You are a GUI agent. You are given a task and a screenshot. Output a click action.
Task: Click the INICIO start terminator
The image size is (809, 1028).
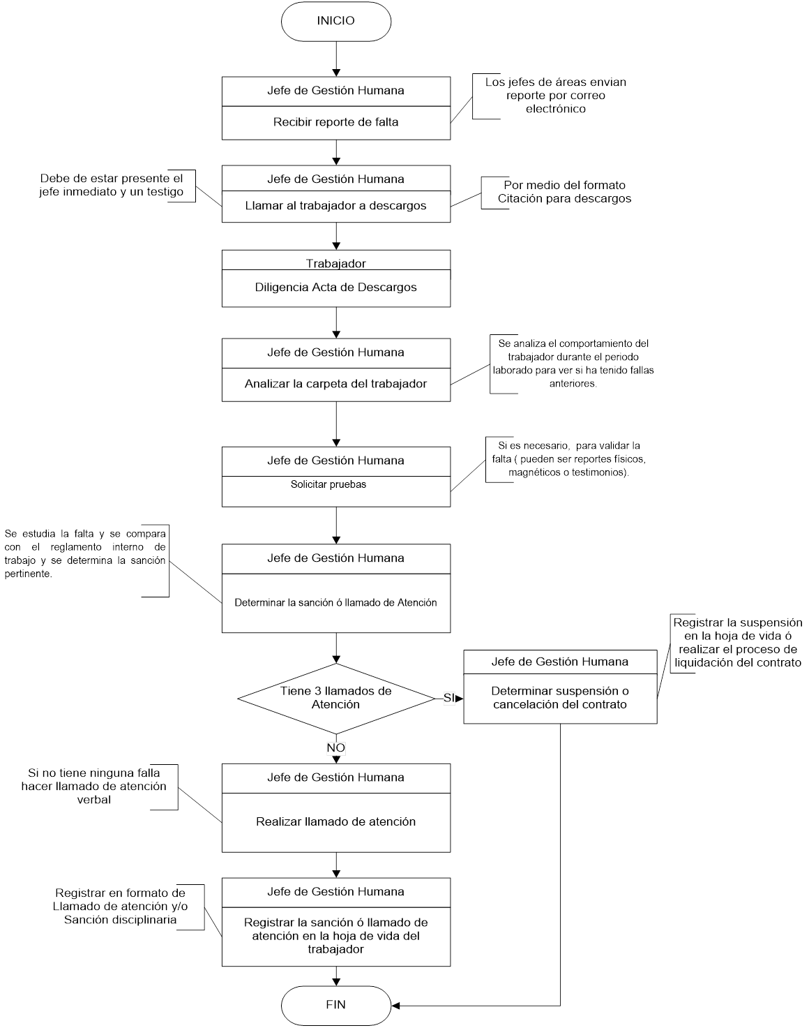tap(335, 21)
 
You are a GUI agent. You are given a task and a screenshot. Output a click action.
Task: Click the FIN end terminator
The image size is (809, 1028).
tap(335, 1005)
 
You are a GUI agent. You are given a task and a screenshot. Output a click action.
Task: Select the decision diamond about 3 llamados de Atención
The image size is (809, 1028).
tap(335, 698)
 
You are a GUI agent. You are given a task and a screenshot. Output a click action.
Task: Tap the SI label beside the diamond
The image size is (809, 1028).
tap(448, 698)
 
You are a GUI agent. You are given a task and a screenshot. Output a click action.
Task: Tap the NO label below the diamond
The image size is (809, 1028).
tap(335, 748)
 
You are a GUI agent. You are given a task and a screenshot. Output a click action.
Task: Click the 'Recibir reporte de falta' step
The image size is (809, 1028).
tap(335, 122)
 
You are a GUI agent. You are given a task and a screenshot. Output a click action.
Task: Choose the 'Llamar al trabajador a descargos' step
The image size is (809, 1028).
tap(335, 206)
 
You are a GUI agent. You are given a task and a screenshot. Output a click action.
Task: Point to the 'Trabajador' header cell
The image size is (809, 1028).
tap(335, 264)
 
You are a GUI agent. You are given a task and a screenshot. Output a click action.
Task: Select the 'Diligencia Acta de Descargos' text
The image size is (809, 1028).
tap(335, 287)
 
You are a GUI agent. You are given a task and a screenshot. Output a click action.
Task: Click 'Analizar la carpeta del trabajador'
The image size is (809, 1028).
tap(335, 384)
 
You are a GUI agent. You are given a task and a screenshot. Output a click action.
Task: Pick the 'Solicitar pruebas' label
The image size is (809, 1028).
tap(328, 484)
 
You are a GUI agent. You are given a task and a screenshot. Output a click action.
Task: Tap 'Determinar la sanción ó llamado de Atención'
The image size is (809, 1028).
tap(335, 602)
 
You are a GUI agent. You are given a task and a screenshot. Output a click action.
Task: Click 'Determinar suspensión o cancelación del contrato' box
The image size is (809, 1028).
tap(560, 698)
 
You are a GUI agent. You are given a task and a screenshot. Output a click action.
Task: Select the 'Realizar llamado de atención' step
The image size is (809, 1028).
tap(335, 821)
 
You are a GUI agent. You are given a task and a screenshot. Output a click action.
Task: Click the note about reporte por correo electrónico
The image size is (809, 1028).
tap(555, 96)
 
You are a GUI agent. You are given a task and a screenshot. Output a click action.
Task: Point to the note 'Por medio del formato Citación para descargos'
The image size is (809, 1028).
tap(564, 192)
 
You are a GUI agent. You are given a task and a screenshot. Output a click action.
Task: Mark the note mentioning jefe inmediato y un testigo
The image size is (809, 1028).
tap(112, 185)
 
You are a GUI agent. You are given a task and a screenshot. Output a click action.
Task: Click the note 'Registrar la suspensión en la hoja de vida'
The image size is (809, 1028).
tap(737, 642)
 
